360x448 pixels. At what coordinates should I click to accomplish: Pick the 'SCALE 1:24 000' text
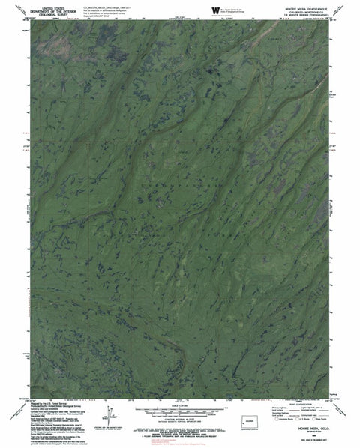[x=180, y=405]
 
